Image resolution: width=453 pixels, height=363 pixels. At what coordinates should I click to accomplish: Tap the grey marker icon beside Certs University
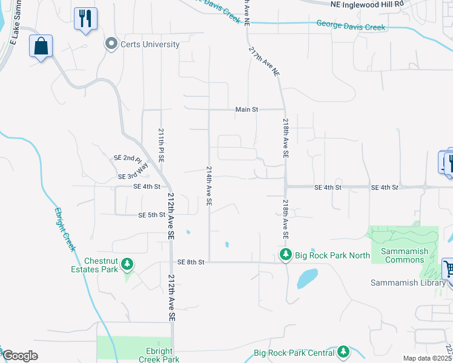pos(111,44)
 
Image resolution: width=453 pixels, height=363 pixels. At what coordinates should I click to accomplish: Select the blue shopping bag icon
pos(41,47)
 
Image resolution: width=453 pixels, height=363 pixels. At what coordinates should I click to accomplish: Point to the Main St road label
pos(246,110)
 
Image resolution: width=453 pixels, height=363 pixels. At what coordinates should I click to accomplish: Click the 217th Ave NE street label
pos(265,63)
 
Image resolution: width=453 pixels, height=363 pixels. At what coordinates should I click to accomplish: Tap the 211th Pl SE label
pos(161,145)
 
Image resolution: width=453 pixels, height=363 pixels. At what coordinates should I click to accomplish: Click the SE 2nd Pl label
pos(127,157)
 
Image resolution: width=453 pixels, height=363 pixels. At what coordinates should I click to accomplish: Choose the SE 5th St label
pos(151,215)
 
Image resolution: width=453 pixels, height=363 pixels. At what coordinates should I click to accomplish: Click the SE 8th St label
pos(191,262)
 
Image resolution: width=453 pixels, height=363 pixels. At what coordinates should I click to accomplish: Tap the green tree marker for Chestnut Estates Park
pos(127,264)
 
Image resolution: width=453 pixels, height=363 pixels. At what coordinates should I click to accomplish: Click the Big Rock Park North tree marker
pos(285,255)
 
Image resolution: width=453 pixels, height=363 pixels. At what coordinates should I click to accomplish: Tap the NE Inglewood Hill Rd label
pos(367,4)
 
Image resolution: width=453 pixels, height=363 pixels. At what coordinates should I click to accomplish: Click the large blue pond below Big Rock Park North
pos(308,278)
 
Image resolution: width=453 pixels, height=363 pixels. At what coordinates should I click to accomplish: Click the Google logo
pos(20,356)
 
